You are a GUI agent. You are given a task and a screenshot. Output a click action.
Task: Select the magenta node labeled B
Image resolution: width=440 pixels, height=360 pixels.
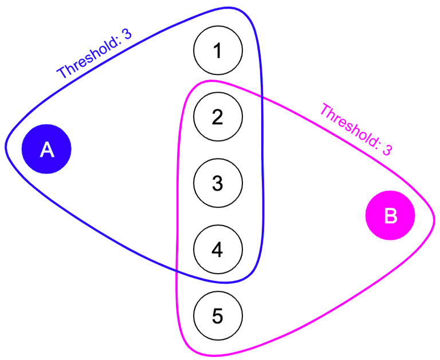click(390, 216)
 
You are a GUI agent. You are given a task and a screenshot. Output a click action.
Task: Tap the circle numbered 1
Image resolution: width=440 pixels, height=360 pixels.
click(218, 51)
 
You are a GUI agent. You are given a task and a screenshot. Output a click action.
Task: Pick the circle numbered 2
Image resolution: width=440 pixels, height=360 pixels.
click(218, 117)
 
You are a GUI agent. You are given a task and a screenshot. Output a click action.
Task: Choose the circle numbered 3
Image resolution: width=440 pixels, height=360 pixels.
click(218, 183)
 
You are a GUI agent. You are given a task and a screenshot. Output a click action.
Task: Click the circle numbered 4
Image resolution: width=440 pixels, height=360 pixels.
click(218, 249)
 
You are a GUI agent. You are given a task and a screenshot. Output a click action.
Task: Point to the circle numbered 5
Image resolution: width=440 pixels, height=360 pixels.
click(218, 315)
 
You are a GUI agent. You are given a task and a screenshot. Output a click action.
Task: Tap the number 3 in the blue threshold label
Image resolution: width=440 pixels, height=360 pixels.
click(127, 34)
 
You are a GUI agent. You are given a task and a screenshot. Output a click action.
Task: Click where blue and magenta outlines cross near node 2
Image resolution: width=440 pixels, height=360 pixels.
click(262, 98)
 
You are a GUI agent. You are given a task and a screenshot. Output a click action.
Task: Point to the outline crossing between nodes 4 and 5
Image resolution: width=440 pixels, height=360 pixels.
click(176, 271)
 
